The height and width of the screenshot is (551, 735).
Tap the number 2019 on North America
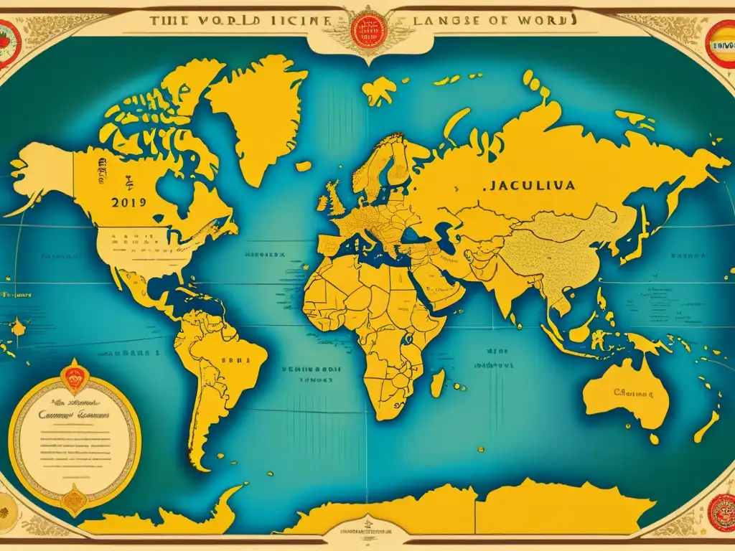(x=129, y=203)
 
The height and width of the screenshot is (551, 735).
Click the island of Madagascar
(x=437, y=382)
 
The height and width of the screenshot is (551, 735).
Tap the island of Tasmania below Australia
(x=652, y=438)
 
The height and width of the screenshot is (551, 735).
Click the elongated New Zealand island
(x=706, y=428)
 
